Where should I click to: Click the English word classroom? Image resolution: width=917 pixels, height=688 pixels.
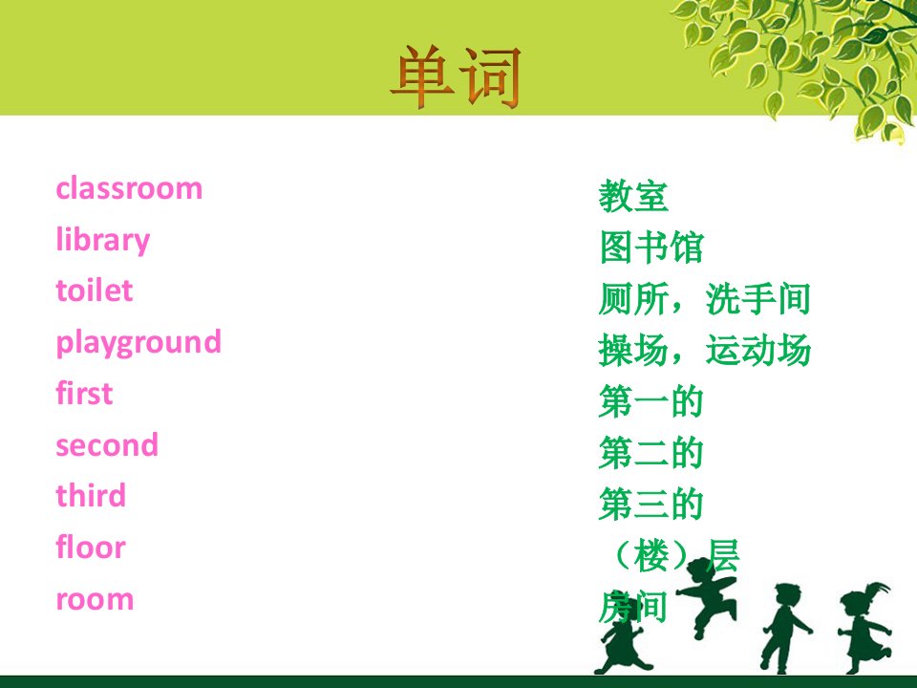tap(129, 188)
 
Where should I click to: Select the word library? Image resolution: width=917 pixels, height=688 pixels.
tap(103, 241)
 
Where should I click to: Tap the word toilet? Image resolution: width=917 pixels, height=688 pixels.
tap(95, 290)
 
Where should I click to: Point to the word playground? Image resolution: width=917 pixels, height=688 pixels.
tap(139, 343)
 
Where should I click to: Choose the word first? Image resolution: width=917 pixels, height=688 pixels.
tap(84, 393)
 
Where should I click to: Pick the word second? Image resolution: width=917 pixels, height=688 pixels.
tap(107, 444)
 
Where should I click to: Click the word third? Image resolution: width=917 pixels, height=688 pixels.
tap(91, 496)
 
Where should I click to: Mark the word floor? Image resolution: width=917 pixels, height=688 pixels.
tap(91, 547)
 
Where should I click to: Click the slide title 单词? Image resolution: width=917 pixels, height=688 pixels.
tap(456, 78)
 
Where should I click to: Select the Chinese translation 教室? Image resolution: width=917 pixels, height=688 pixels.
tap(632, 197)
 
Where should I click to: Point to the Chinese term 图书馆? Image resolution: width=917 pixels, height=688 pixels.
tap(650, 247)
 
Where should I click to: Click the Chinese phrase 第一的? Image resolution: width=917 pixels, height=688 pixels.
tap(650, 402)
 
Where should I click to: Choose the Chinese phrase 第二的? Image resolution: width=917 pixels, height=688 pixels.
tap(650, 453)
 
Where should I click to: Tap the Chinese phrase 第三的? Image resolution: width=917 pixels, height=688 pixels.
tap(650, 505)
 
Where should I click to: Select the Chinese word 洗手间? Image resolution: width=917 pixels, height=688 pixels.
tap(757, 299)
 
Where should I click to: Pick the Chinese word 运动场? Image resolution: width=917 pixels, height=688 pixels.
tap(757, 351)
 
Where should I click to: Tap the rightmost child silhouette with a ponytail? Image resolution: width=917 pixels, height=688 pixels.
tap(864, 627)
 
